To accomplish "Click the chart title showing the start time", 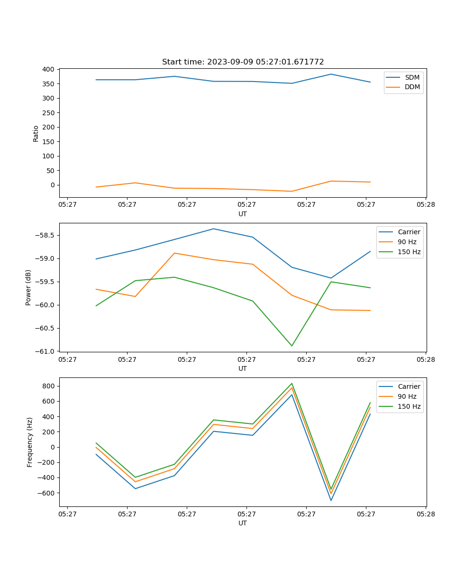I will click(x=243, y=62).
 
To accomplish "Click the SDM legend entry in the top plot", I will click(x=412, y=77).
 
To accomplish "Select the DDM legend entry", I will click(x=412, y=87).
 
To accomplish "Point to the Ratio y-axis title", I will click(x=36, y=133).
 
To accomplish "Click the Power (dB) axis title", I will click(x=28, y=287).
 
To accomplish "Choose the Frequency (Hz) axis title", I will click(x=30, y=442).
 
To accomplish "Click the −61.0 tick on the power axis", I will click(x=45, y=351).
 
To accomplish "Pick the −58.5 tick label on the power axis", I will click(x=45, y=236).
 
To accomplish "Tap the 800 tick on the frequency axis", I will click(x=49, y=386).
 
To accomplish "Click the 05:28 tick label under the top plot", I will click(x=426, y=205).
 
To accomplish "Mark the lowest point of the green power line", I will click(x=292, y=346).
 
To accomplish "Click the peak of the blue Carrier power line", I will click(x=213, y=229).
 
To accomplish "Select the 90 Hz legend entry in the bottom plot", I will click(x=407, y=396).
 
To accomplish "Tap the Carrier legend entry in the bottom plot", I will click(x=409, y=386).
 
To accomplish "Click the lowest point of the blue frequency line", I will click(x=331, y=500).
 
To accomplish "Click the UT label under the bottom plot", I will click(x=243, y=523).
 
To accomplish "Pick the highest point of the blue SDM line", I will click(x=331, y=74).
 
